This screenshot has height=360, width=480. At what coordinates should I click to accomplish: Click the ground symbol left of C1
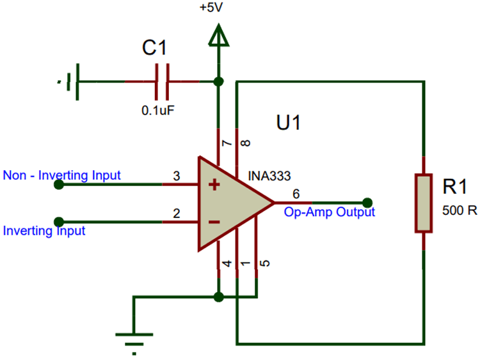click(69, 81)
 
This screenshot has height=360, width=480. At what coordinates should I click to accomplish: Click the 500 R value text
click(459, 210)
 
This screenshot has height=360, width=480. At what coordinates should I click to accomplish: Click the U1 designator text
click(288, 122)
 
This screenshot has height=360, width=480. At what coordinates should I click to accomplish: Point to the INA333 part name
click(269, 175)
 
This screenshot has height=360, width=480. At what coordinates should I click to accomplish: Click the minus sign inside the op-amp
click(214, 222)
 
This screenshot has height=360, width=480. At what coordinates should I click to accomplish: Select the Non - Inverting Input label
click(61, 175)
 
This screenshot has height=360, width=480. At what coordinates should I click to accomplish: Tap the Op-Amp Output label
click(330, 212)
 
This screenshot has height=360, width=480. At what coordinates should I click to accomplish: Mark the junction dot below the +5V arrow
click(219, 81)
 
